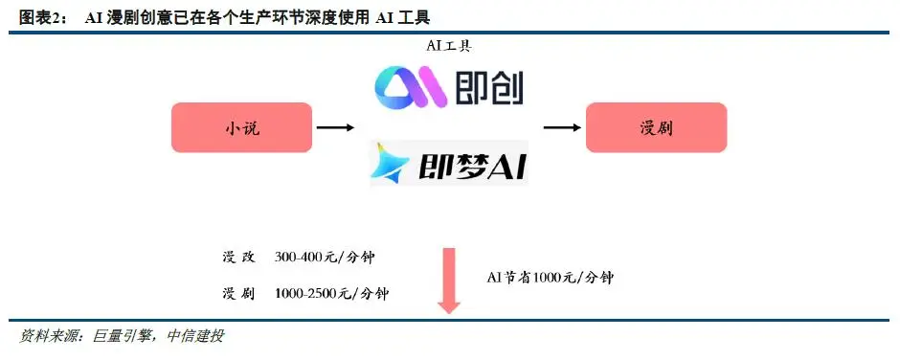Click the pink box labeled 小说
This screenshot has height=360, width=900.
(x=241, y=127)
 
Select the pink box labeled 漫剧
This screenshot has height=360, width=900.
(x=656, y=127)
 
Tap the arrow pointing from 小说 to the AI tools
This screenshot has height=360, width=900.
(x=335, y=127)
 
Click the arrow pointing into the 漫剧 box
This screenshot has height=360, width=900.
(x=562, y=127)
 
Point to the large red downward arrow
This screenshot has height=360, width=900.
(x=448, y=280)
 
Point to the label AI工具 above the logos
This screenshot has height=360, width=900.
(x=448, y=46)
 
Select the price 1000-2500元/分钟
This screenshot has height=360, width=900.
(x=330, y=293)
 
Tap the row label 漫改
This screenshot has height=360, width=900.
(x=236, y=259)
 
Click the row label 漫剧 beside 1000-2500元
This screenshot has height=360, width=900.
(x=236, y=293)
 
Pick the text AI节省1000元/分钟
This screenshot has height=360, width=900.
(x=549, y=277)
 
